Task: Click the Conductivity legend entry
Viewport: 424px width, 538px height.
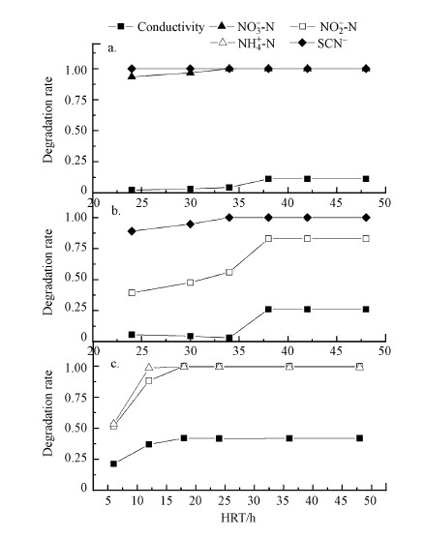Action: coord(156,27)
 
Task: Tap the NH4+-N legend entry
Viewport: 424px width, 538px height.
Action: coord(243,44)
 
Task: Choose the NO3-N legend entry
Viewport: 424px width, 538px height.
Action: coord(242,27)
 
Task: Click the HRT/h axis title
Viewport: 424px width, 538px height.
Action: coord(238,517)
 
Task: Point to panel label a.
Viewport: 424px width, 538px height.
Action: coord(112,48)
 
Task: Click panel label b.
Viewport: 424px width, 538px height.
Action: coord(116,210)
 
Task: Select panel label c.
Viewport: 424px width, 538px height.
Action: coord(114,364)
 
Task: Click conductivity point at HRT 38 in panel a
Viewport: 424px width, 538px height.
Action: coord(268,179)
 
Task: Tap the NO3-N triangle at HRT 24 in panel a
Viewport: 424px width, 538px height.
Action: coord(132,75)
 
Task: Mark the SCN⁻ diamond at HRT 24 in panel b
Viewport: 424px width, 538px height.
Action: coord(132,231)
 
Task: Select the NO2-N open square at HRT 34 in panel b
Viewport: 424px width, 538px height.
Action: coord(229,272)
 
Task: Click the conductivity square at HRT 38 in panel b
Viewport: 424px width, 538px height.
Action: coord(268,309)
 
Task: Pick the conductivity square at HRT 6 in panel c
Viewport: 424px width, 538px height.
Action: coord(113,463)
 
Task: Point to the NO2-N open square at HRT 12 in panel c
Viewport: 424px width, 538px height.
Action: coord(149,380)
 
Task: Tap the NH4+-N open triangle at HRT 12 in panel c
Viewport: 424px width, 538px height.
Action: coord(149,367)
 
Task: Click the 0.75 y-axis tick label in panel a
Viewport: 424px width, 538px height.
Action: coord(76,100)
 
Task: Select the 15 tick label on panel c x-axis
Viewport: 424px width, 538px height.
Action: coord(167,501)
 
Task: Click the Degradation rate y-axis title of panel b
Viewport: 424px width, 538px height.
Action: coord(48,272)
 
